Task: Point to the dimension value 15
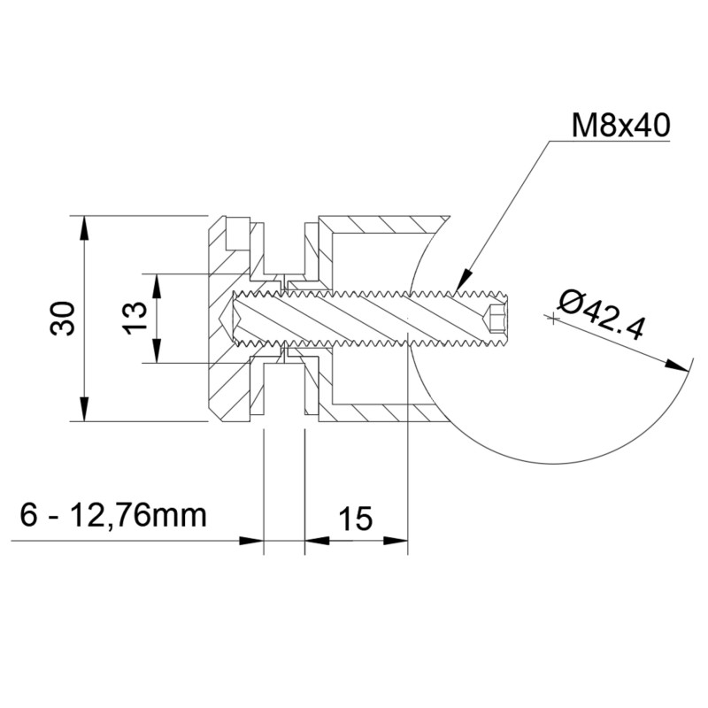[x=355, y=519]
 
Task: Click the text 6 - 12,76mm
[x=112, y=514]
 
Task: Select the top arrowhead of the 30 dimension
[x=85, y=225]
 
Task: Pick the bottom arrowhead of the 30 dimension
[x=85, y=411]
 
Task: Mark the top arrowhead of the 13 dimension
[x=157, y=283]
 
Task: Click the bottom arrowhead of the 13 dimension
[x=157, y=353]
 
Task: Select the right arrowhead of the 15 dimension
[x=397, y=540]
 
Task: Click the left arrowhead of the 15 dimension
[x=315, y=540]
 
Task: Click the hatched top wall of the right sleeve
[x=381, y=222]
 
